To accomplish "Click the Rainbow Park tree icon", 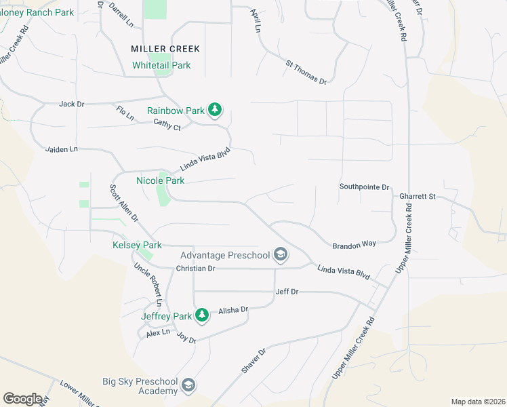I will tap(215, 110).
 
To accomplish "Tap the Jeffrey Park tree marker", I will tap(201, 315).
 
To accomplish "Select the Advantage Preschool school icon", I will tap(279, 256).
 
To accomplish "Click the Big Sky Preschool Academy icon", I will tap(188, 386).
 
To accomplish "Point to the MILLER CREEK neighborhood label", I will tap(166, 49).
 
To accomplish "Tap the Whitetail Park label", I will tap(161, 65).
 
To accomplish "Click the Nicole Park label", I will tap(161, 181).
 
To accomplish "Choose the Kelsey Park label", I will tap(137, 245).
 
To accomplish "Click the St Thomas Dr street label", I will tap(306, 72).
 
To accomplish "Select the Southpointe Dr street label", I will tap(365, 187).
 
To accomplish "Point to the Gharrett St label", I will tap(417, 196).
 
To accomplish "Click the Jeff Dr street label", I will tap(287, 292).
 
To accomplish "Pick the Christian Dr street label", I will tap(195, 269).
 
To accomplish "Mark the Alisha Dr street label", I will tap(233, 310).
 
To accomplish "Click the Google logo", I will tap(22, 398).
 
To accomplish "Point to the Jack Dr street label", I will tap(71, 104).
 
